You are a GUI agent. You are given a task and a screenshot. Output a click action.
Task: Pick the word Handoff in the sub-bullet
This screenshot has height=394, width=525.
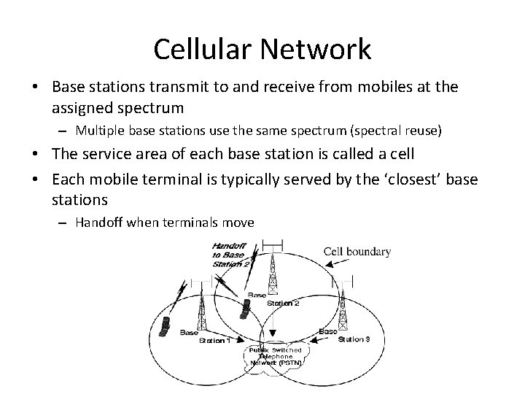[x=99, y=223]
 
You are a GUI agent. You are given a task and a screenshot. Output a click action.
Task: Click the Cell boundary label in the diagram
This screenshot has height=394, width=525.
[x=357, y=252]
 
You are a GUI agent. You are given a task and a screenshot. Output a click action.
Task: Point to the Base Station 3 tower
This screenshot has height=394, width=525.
[x=341, y=303]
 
